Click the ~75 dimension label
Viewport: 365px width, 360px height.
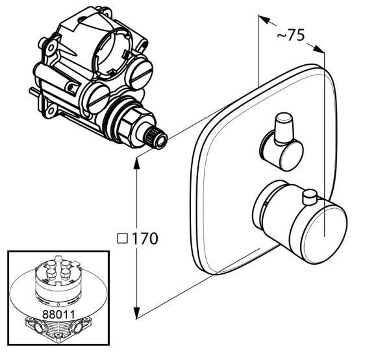tap(290, 35)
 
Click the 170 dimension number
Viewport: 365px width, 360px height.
tap(145, 238)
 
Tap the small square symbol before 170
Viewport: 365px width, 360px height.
tap(123, 239)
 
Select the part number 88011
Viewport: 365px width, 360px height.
tap(58, 315)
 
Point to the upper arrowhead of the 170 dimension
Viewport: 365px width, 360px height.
tap(136, 163)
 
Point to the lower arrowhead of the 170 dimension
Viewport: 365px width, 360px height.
tap(136, 313)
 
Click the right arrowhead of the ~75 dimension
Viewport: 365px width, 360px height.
tap(318, 49)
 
